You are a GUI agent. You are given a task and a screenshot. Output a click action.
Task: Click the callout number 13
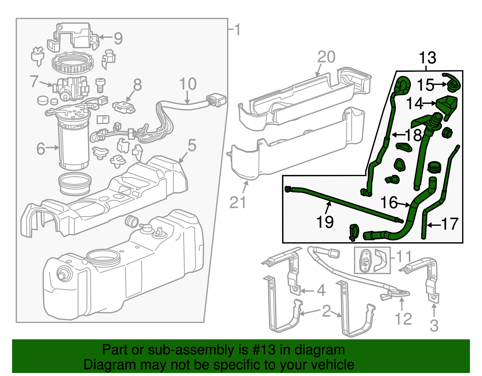tap(427, 58)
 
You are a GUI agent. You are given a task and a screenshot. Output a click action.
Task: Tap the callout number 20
tap(326, 57)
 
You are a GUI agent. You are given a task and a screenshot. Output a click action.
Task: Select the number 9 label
tap(118, 39)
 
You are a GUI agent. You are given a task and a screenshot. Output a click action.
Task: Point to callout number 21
tap(238, 203)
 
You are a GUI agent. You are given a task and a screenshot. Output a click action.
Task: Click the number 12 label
tap(403, 319)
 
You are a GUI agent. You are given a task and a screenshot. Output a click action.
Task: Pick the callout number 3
tap(434, 326)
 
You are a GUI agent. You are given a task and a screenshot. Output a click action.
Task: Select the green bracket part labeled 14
tap(447, 105)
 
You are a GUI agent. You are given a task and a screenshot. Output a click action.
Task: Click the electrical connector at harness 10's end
tap(216, 101)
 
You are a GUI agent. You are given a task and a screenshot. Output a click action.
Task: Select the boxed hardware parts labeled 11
tap(372, 260)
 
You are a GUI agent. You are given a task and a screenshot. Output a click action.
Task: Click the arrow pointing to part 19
tap(328, 208)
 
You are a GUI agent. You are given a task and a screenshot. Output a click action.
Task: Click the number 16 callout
tap(389, 203)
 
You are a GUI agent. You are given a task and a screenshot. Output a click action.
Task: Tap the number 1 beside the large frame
tap(238, 30)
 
